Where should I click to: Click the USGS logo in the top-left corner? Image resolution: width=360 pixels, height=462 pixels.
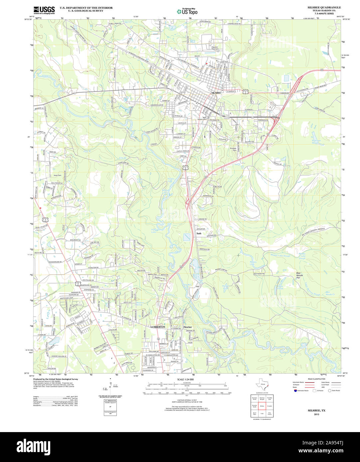coord(44,10)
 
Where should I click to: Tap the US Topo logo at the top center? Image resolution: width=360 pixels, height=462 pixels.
coord(187,11)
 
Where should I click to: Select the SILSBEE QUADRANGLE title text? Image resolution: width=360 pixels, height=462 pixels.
coord(319,7)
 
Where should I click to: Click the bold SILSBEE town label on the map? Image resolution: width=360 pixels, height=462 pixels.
coord(216,93)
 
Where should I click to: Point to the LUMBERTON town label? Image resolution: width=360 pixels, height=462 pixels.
coord(157,327)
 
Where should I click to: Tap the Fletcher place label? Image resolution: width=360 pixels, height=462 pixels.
coord(188,327)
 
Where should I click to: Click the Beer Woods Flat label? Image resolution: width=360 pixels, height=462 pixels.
coord(300,275)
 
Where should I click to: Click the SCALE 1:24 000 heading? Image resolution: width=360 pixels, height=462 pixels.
coord(186,379)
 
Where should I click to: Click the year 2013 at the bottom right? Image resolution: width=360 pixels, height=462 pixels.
coord(316,414)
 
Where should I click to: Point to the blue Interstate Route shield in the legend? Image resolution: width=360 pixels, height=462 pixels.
coord(295,391)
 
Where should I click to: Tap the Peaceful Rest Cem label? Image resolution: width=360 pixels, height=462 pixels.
coord(215,48)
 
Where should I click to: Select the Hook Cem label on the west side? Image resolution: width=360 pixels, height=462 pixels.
coord(58,175)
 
